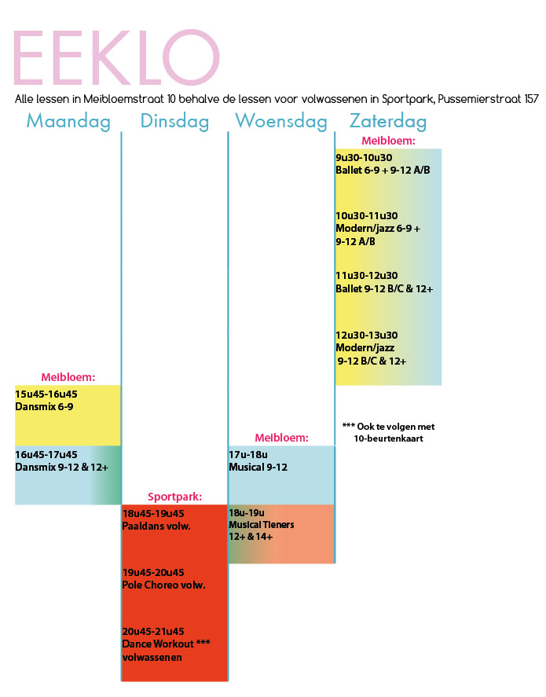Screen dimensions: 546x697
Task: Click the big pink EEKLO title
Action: point(117,57)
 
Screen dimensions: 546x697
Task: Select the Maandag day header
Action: point(68,121)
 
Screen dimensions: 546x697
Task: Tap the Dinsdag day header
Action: point(174,121)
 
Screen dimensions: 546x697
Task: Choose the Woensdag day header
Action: point(281,121)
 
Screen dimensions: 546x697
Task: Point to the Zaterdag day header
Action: point(388,121)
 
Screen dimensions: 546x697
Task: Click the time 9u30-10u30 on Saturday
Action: point(364,158)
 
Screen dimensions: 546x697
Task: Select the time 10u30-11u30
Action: point(367,216)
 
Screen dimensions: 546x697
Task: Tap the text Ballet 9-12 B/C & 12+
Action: point(384,289)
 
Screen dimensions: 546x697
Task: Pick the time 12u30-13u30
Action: point(367,336)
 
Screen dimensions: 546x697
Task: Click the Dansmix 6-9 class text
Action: point(45,407)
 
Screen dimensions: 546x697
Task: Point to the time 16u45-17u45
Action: point(46,455)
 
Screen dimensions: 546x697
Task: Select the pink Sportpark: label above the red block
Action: point(175,497)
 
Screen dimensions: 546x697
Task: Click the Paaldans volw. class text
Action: point(156,526)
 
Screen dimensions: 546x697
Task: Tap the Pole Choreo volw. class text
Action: point(164,585)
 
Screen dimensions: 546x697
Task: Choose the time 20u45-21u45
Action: point(153,632)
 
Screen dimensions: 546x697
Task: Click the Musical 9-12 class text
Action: point(258,468)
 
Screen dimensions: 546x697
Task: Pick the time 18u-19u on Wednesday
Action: point(247,513)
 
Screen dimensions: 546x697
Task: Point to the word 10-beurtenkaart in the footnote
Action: point(389,438)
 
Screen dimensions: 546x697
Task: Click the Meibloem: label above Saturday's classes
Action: point(388,141)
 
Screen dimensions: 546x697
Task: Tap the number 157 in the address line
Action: point(531,99)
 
